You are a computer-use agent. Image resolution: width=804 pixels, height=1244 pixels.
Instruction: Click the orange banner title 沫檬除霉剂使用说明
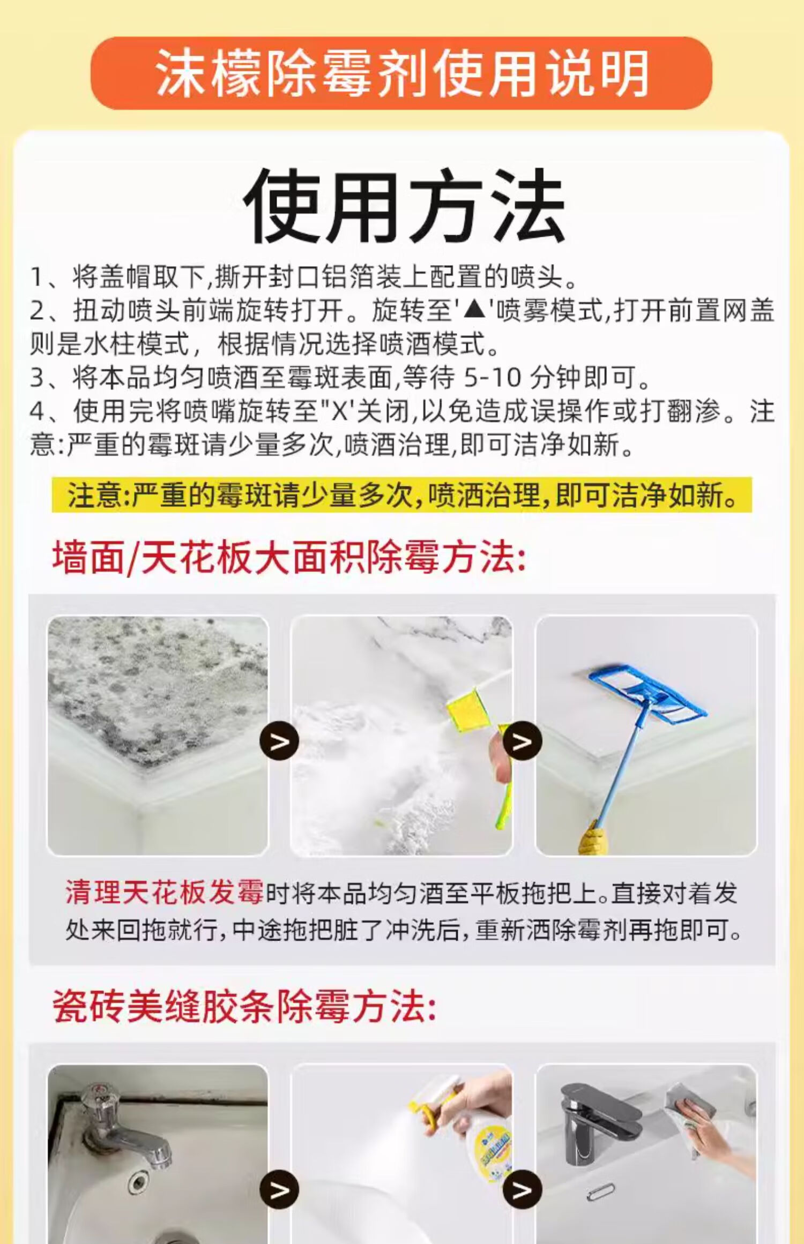pos(402,73)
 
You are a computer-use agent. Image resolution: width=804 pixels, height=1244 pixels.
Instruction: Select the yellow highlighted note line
pos(402,494)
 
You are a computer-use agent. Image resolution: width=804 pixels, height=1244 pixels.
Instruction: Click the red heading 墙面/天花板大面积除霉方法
pos(289,558)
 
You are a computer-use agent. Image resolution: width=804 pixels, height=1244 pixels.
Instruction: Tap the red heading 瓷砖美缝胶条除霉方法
pos(244,1006)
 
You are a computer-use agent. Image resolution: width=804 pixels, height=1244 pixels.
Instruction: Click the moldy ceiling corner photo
pos(158,736)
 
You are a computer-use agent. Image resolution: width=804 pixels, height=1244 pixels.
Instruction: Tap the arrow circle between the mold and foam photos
pos(279,741)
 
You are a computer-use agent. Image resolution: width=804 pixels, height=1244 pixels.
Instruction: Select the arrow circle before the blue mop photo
pos(522,741)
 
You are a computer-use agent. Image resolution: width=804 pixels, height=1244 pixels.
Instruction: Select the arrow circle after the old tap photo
pos(279,1190)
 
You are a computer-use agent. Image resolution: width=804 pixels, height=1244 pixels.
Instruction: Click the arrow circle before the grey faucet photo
pos(522,1190)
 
